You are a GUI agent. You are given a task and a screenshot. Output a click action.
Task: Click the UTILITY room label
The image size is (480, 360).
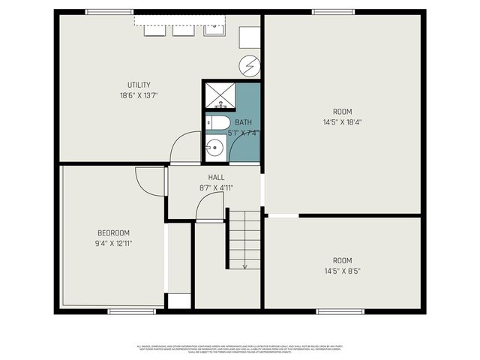coord(139,85)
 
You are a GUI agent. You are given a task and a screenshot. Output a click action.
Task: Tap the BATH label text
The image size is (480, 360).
coord(244,122)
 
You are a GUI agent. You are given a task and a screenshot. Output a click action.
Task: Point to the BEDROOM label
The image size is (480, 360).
coord(113,232)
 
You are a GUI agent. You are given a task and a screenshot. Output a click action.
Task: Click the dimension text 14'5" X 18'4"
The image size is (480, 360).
coord(343,121)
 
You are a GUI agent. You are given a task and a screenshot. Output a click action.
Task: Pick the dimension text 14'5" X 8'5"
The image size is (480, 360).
coord(343,271)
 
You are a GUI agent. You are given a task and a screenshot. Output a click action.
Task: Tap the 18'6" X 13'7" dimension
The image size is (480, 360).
coord(139,95)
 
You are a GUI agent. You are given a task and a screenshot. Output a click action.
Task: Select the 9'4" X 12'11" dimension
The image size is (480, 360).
coord(113,243)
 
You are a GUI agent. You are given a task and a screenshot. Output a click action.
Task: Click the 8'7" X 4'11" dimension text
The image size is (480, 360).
coord(216,187)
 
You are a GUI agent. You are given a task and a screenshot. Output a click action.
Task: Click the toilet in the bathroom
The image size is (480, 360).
coord(218,122)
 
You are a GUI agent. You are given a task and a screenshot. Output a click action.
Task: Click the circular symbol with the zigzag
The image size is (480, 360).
coord(250,66)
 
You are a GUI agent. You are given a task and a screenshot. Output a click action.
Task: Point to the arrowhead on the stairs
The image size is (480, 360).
coord(244,265)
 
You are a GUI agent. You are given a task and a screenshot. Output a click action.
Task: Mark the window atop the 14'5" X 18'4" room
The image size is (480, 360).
coord(333,11)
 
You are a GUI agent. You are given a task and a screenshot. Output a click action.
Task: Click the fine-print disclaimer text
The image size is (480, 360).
coord(240,348)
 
